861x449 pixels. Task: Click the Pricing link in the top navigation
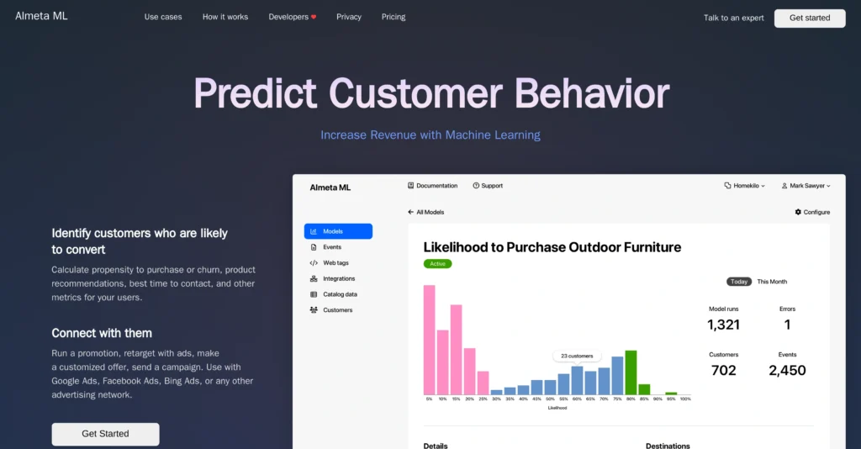point(393,17)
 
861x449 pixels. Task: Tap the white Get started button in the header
point(809,18)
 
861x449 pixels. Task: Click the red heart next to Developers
point(314,17)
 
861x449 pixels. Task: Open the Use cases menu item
point(162,17)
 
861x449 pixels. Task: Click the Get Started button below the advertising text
point(105,434)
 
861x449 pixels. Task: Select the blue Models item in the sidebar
point(338,231)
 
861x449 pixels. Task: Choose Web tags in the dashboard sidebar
point(335,263)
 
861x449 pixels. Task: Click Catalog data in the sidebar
point(340,294)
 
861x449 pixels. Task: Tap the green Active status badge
point(437,263)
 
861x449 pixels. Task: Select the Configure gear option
point(812,212)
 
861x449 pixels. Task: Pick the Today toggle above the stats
point(739,282)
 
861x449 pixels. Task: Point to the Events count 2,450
point(787,370)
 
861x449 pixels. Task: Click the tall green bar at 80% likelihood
point(631,372)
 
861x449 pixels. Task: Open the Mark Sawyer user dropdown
point(806,186)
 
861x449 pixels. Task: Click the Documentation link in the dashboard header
point(432,186)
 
